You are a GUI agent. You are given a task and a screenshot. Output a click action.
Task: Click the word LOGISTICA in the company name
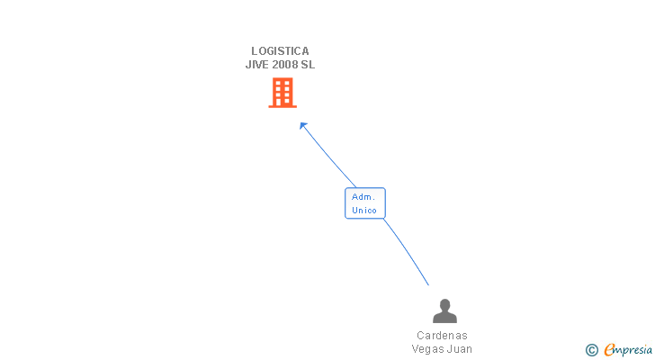(x=280, y=51)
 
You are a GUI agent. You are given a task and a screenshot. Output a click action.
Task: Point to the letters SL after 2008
(x=308, y=65)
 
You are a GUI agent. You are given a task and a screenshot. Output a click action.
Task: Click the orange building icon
(x=282, y=93)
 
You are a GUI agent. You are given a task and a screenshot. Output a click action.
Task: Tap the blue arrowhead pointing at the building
(x=304, y=126)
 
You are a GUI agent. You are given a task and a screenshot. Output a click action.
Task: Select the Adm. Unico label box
(x=364, y=203)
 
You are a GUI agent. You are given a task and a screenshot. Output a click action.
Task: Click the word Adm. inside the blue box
(x=364, y=197)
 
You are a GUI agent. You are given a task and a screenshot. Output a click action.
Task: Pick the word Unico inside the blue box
(x=364, y=211)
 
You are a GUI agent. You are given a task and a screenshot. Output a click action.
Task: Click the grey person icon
(x=444, y=311)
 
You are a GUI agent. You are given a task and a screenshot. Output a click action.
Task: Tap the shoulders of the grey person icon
(x=444, y=318)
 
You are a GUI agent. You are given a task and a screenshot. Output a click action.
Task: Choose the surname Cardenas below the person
(x=442, y=336)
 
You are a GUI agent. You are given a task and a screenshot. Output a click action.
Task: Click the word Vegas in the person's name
(x=429, y=349)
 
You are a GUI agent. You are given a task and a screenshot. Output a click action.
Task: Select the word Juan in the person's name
(x=460, y=349)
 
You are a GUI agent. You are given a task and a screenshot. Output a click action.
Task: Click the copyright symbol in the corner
(x=591, y=350)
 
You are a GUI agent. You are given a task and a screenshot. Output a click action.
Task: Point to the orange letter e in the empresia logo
(x=609, y=350)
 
